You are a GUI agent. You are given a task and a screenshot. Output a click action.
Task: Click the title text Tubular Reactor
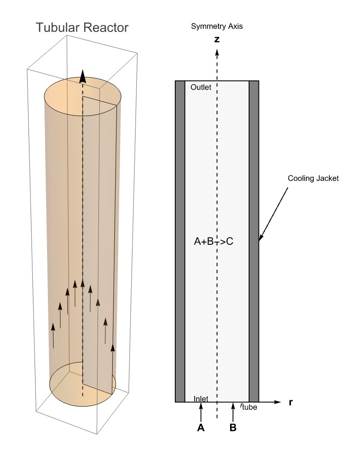(82, 28)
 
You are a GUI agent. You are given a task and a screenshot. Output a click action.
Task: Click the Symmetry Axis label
(217, 27)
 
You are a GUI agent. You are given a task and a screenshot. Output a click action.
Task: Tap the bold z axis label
(217, 40)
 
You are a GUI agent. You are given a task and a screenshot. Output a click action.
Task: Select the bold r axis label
(291, 402)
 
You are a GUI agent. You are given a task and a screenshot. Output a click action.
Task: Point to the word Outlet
(201, 87)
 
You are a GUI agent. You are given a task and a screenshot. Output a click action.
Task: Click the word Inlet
(201, 398)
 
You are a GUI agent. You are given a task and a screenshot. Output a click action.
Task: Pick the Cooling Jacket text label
(313, 178)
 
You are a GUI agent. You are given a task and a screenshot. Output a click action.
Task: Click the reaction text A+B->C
(214, 242)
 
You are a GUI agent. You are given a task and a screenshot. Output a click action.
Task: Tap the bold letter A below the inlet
(200, 428)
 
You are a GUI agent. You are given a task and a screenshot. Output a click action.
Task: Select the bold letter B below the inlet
(233, 428)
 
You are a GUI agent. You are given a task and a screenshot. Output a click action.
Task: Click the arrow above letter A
(201, 412)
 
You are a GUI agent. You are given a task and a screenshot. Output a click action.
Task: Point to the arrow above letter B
(233, 412)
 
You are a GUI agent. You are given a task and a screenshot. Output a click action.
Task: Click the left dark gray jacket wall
(180, 242)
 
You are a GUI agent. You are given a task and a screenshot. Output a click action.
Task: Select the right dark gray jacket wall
(254, 242)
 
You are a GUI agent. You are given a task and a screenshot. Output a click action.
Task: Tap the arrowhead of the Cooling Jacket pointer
(260, 238)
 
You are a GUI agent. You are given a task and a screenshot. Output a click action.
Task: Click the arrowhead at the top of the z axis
(217, 52)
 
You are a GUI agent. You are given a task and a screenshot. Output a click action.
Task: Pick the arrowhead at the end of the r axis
(278, 402)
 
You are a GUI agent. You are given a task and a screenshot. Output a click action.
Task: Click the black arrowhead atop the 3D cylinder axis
(83, 78)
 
